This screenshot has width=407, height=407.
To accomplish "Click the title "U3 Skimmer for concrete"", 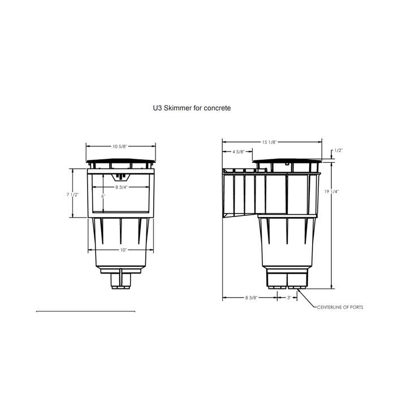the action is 192,108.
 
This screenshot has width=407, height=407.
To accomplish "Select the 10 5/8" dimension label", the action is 120,146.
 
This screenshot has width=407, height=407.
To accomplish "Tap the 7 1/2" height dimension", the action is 72,194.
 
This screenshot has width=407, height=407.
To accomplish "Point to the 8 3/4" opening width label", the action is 122,187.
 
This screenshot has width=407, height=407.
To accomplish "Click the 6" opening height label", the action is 103,197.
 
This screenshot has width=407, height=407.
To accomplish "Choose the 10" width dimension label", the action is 123,250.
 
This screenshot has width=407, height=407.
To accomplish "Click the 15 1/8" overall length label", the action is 270,142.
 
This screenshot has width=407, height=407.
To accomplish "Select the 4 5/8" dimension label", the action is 239,151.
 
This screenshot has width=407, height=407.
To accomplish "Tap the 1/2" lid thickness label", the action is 339,150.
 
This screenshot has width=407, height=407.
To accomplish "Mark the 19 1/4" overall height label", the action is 332,192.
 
